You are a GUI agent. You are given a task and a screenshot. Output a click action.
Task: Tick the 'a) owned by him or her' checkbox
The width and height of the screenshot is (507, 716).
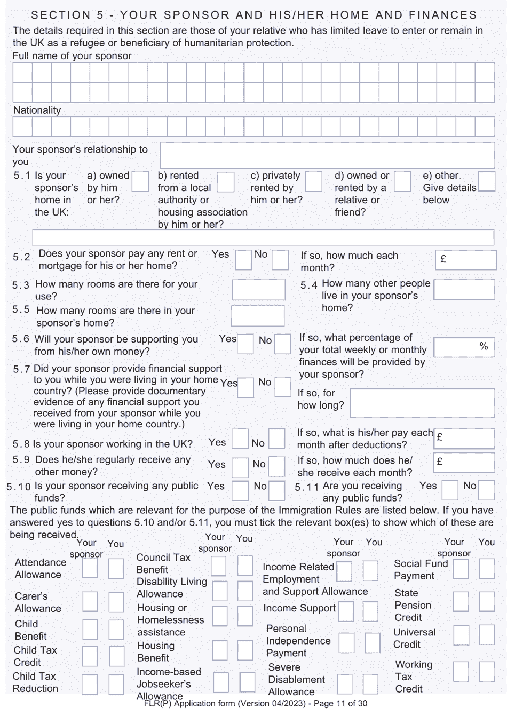tap(140, 181)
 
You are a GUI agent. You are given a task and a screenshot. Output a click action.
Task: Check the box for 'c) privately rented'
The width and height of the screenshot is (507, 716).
tap(313, 181)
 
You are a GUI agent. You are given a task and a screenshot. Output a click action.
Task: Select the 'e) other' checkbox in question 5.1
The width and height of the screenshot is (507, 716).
tap(486, 181)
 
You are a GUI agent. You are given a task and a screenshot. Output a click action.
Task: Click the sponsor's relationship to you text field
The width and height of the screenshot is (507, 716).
tap(327, 155)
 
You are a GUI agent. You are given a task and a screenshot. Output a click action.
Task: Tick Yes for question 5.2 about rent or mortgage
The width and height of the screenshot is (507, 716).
tap(243, 260)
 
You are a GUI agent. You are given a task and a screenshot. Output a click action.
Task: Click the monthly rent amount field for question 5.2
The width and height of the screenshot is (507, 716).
tap(465, 260)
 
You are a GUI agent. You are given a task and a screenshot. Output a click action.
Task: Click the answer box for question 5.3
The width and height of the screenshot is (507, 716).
tap(258, 290)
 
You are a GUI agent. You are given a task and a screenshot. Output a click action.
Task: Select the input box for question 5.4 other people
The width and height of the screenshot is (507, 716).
tap(464, 290)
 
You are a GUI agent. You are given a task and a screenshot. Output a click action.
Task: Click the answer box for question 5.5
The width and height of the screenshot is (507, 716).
tap(258, 316)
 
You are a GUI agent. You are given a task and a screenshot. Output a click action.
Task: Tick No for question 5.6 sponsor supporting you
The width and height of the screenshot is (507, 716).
tap(282, 344)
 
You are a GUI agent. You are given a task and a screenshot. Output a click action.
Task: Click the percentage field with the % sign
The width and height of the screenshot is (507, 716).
tap(464, 347)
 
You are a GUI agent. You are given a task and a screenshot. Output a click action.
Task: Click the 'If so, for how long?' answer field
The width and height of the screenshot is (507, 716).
tap(422, 403)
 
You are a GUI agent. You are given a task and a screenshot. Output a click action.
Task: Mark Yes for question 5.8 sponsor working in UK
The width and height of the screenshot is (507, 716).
tap(240, 439)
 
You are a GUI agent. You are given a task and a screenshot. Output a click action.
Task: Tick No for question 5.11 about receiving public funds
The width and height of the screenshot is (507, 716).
tap(486, 490)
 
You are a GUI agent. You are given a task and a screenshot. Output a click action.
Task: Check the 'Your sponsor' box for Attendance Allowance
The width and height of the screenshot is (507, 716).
tap(90, 569)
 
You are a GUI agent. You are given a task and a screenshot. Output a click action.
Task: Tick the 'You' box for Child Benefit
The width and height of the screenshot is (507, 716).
tap(116, 630)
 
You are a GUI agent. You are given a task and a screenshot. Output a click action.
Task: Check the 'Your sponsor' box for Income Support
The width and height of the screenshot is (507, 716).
tap(346, 611)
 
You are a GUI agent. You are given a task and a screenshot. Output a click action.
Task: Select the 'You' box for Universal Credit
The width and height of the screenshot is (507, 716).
tap(486, 635)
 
